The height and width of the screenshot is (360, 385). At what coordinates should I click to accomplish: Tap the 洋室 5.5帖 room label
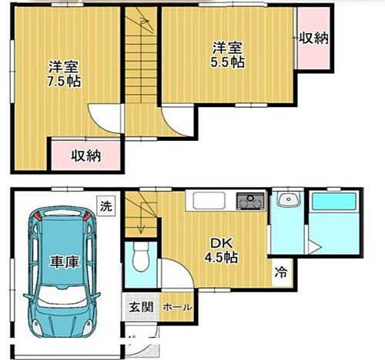point(229,55)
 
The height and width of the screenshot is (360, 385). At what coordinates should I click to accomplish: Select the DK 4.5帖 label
point(219,251)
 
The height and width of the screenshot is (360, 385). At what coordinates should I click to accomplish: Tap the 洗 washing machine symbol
point(106,205)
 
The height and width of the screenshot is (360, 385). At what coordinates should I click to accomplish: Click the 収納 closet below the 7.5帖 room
point(86,155)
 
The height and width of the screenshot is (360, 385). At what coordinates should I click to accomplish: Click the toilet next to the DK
point(139,258)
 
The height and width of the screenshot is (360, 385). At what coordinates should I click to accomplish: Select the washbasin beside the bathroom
point(289,202)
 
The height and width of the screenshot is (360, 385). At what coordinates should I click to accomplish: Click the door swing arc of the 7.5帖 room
point(105,120)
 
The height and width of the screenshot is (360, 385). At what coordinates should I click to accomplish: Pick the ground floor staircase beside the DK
point(141,212)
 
